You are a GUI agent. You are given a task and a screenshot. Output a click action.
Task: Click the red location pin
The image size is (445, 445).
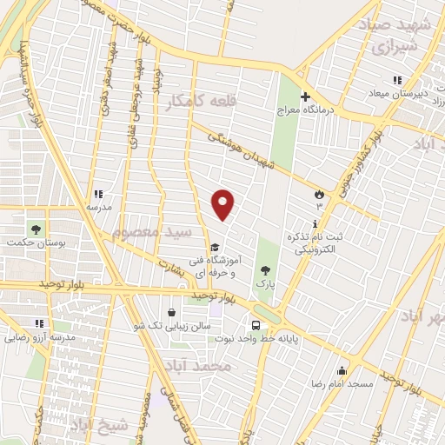223,203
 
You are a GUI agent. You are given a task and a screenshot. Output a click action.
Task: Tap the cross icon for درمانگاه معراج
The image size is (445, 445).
303,96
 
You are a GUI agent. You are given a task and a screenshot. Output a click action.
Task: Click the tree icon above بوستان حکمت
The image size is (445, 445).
36,229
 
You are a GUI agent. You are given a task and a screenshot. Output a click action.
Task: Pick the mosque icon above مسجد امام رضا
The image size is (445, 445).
342,370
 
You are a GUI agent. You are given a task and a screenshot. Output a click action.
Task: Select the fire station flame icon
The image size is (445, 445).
319,194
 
